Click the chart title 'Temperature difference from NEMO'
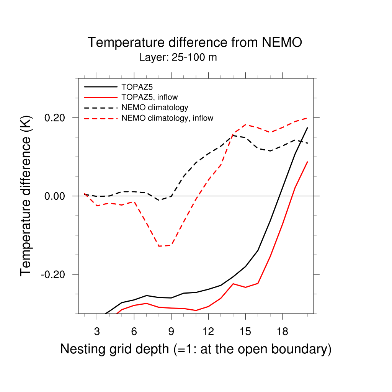tap(195, 42)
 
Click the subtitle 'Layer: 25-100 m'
tap(178, 58)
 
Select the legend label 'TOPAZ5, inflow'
tap(150, 97)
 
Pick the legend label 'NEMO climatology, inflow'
tap(167, 118)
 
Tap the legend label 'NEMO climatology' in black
tap(155, 108)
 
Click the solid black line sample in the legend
tap(100, 87)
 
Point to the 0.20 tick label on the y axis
tap(56, 118)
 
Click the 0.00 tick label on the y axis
tap(56, 196)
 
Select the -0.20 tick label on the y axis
tap(54, 274)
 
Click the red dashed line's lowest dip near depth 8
tap(159, 246)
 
